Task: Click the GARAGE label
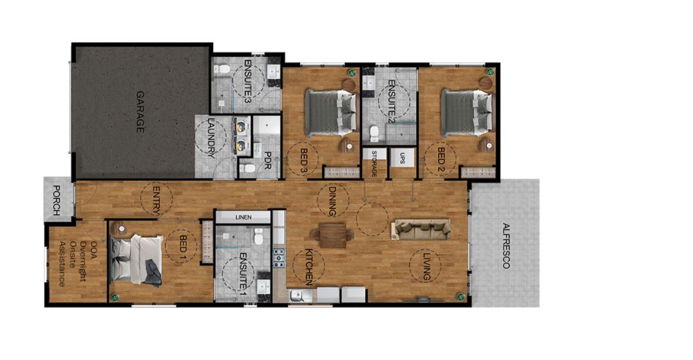click(140, 112)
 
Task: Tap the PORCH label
click(56, 200)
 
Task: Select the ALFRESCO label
click(506, 246)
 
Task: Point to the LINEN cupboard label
click(243, 217)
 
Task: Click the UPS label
click(402, 158)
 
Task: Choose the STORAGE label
click(374, 164)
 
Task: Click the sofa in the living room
click(421, 230)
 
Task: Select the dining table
click(333, 236)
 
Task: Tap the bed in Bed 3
click(331, 113)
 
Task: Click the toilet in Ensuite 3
click(222, 69)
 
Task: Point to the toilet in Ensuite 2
click(375, 132)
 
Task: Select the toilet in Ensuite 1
click(259, 237)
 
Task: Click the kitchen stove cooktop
click(279, 258)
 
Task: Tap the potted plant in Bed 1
click(115, 296)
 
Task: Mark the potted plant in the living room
click(461, 296)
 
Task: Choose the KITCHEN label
click(310, 267)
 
